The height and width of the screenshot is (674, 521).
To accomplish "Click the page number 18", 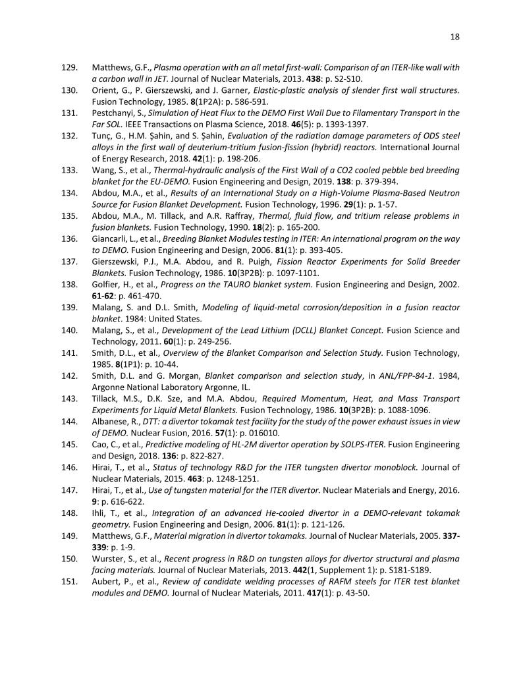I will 454,37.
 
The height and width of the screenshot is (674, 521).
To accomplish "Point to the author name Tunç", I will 103,136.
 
